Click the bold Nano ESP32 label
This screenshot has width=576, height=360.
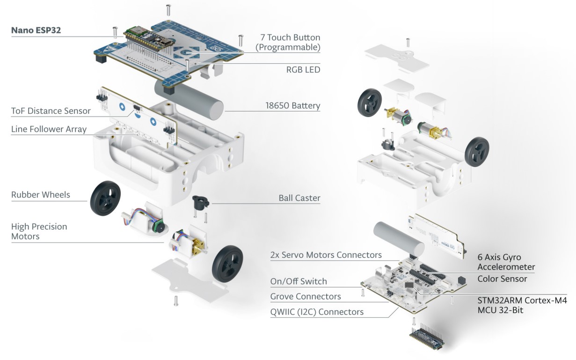[x=36, y=31]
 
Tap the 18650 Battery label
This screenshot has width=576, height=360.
[x=292, y=105]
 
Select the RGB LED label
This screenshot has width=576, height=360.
[x=303, y=69]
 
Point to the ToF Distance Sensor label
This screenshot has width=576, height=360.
[x=51, y=111]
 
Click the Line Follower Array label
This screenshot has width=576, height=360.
[x=49, y=129]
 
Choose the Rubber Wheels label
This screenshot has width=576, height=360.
[x=40, y=195]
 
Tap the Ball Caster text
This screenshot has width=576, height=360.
[x=299, y=198]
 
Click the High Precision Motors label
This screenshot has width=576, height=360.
[x=39, y=231]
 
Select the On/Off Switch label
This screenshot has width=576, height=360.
[x=299, y=281]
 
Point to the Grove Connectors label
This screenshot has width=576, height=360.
[x=306, y=296]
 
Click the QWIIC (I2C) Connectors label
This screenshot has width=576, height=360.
[x=317, y=311]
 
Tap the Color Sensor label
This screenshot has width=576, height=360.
[x=502, y=279]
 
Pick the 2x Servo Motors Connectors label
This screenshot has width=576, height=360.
[x=326, y=255]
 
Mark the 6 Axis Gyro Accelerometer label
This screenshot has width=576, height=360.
[x=506, y=262]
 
